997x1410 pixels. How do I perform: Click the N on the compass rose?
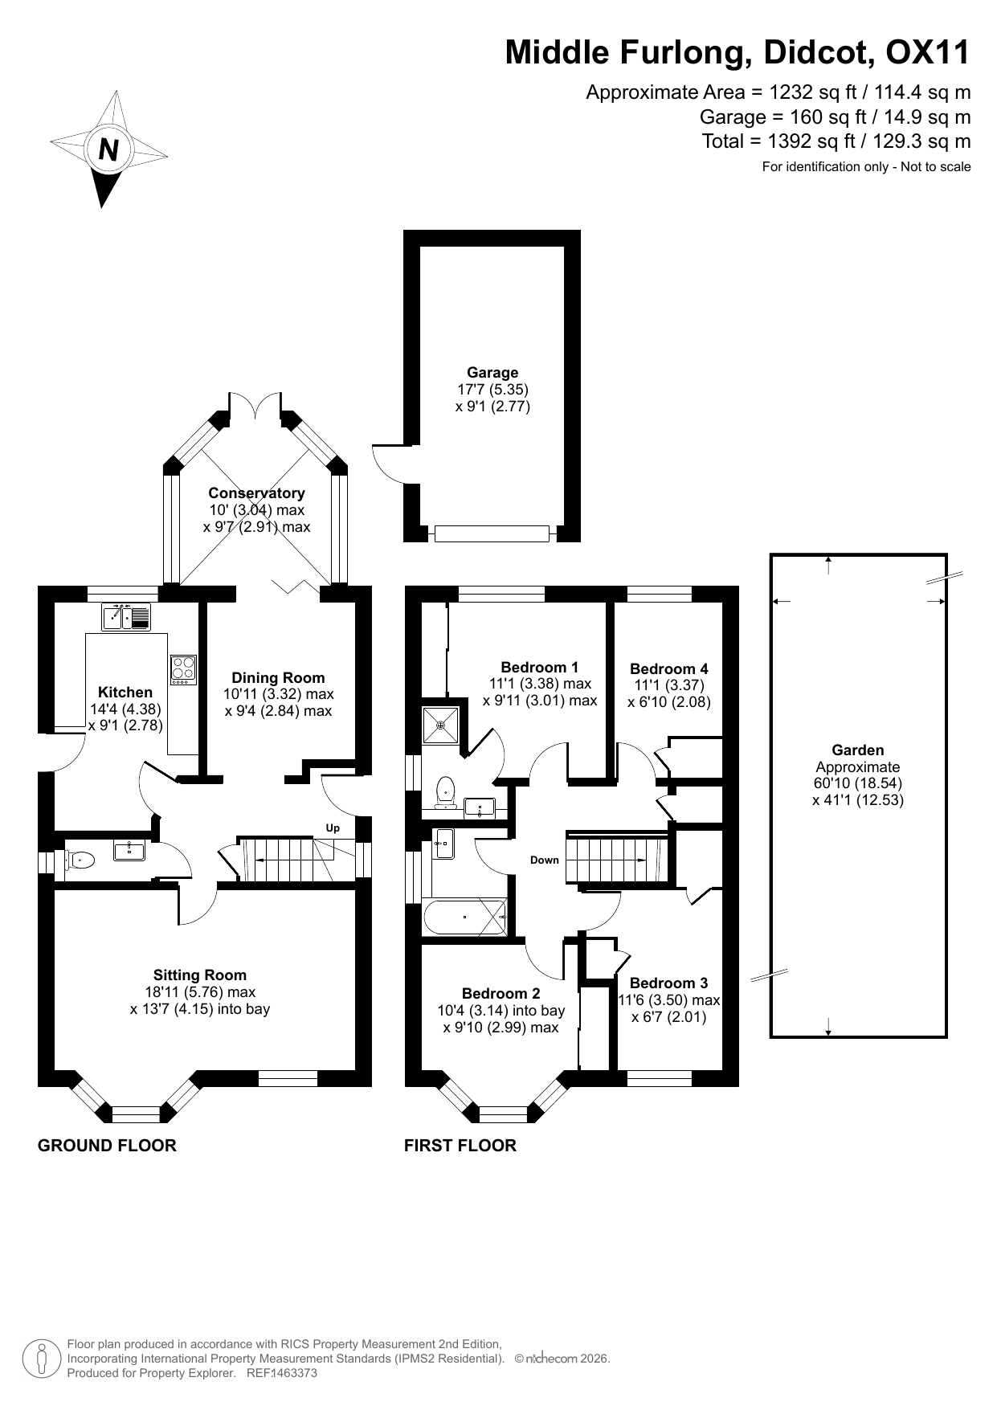coord(108,150)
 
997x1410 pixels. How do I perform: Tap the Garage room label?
coord(492,373)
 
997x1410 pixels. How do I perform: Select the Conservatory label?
coord(256,493)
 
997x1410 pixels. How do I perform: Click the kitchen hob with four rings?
coord(183,670)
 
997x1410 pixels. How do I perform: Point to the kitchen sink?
coord(127,617)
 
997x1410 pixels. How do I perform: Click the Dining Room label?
coord(278,678)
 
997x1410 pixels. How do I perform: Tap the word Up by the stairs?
coord(333,828)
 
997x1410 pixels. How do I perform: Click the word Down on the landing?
coord(544,860)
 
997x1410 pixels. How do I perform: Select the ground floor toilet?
coord(79,860)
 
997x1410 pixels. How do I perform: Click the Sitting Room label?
coord(200,975)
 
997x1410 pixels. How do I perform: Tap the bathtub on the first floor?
coord(466,916)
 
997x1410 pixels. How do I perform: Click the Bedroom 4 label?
coord(668,668)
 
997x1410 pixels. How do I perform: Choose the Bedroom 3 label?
coord(668,983)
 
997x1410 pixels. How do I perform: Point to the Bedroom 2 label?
coord(501,994)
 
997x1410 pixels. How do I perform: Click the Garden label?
coord(858,750)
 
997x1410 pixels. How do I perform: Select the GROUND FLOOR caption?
coord(107,1146)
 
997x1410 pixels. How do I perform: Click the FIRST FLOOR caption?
coord(460,1146)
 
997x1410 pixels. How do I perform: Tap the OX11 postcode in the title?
coord(927,53)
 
